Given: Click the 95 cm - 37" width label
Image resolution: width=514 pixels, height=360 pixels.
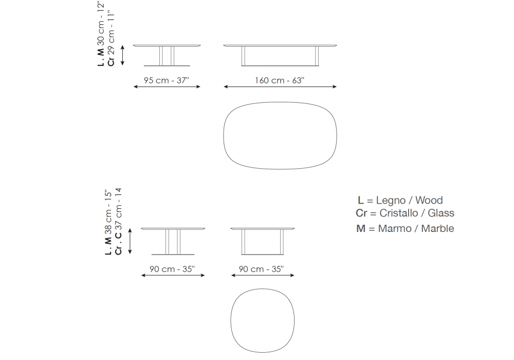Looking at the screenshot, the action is [x=167, y=80].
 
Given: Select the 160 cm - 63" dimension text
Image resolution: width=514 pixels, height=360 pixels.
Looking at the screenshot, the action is [x=280, y=80].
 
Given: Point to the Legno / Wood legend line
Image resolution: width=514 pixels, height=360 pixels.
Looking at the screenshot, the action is [x=400, y=200].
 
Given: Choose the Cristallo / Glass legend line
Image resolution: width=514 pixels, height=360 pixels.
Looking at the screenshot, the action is [x=405, y=213].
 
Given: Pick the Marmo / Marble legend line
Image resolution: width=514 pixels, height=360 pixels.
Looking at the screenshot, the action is [x=405, y=228].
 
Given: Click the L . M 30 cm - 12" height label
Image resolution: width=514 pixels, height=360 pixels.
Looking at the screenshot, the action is [x=101, y=33].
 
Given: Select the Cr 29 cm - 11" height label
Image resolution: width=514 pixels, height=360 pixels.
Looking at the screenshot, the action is [x=111, y=39].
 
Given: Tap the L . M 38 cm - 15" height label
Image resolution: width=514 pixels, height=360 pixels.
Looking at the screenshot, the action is [x=108, y=222].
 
